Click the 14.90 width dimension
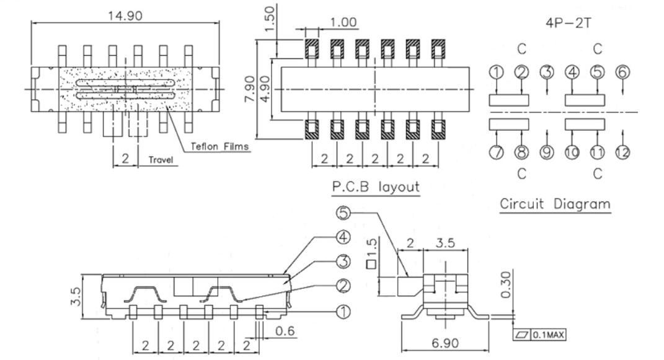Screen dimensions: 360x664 (x=126, y=15)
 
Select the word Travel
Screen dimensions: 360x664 (x=161, y=160)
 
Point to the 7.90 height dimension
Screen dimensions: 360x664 (x=250, y=90)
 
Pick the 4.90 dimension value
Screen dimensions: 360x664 (x=265, y=90)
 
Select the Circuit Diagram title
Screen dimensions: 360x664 (x=555, y=204)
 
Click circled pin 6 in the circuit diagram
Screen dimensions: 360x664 (x=622, y=72)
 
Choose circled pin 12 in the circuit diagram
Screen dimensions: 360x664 (x=622, y=151)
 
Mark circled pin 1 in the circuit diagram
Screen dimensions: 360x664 (x=496, y=72)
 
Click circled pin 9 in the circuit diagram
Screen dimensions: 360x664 (x=546, y=151)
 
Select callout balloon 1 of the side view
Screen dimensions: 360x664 (x=342, y=311)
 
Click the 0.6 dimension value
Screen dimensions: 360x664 (x=286, y=331)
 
